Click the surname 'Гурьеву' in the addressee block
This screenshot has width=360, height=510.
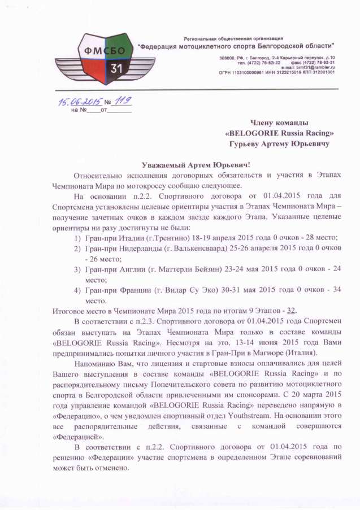pyautogui.click(x=249, y=145)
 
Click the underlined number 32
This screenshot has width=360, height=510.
pyautogui.click(x=292, y=311)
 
